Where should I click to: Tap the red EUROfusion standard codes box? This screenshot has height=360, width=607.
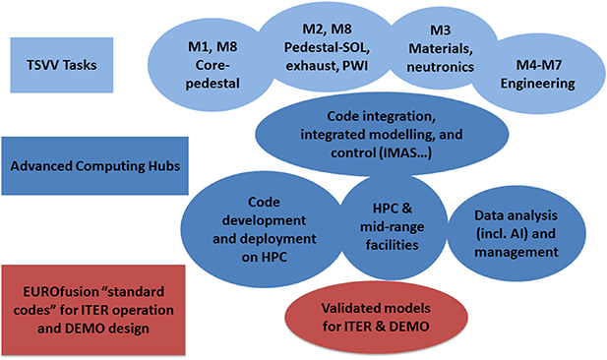87,307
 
